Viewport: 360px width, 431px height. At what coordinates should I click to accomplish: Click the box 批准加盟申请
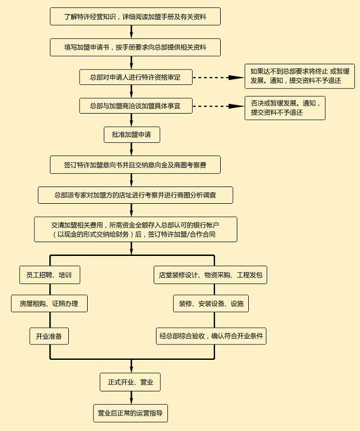click(x=132, y=134)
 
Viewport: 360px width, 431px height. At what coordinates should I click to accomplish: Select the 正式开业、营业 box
click(x=130, y=382)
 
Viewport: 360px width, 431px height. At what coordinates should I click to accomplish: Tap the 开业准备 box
click(x=49, y=336)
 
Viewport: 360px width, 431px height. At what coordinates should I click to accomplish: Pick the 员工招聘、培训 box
click(x=50, y=274)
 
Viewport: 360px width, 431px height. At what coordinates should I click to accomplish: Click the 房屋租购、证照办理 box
click(x=49, y=304)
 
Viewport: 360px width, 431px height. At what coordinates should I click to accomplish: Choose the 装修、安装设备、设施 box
click(x=211, y=304)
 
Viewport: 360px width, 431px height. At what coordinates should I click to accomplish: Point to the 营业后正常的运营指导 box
click(x=131, y=413)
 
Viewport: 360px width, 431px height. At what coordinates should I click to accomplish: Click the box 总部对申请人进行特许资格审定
click(x=136, y=77)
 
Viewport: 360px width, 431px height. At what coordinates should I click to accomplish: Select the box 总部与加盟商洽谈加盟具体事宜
click(x=136, y=106)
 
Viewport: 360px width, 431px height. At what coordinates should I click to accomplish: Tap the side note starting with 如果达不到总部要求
click(x=300, y=76)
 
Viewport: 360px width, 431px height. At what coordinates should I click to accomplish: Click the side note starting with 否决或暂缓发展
click(x=285, y=108)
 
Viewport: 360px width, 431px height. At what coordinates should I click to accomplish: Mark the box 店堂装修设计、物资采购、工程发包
click(x=210, y=274)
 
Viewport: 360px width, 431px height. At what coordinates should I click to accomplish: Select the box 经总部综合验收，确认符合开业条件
click(x=211, y=336)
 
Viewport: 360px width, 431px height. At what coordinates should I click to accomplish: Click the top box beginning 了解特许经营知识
click(x=135, y=17)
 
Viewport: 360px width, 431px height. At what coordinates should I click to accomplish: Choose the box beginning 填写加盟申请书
click(x=135, y=47)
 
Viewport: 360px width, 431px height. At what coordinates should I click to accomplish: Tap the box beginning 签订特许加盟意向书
click(x=135, y=165)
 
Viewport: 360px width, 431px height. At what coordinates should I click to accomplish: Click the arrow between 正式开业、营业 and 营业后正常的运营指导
click(x=131, y=398)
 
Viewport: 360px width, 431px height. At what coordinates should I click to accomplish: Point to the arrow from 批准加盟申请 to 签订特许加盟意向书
click(x=131, y=149)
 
